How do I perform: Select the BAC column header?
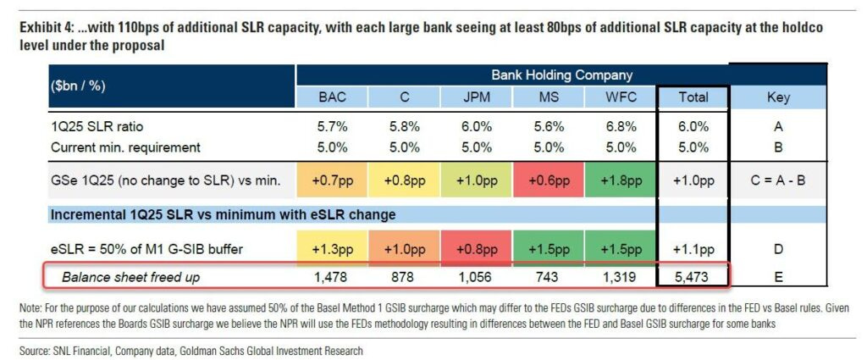[x=333, y=97]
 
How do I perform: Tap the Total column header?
[x=693, y=97]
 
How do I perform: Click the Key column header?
[x=777, y=97]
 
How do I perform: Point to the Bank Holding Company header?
[x=561, y=75]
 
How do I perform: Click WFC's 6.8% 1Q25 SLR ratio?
[x=621, y=126]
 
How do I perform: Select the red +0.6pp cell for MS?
[x=549, y=180]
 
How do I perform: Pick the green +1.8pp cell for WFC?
[x=621, y=180]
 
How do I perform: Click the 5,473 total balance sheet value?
[x=693, y=275]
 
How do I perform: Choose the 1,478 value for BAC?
[x=333, y=275]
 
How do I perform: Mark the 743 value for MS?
[x=549, y=275]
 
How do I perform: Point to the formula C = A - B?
[x=777, y=180]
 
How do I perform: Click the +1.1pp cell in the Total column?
[x=693, y=250]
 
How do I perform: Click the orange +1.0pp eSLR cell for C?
[x=405, y=250]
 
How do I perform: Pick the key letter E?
[x=777, y=275]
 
